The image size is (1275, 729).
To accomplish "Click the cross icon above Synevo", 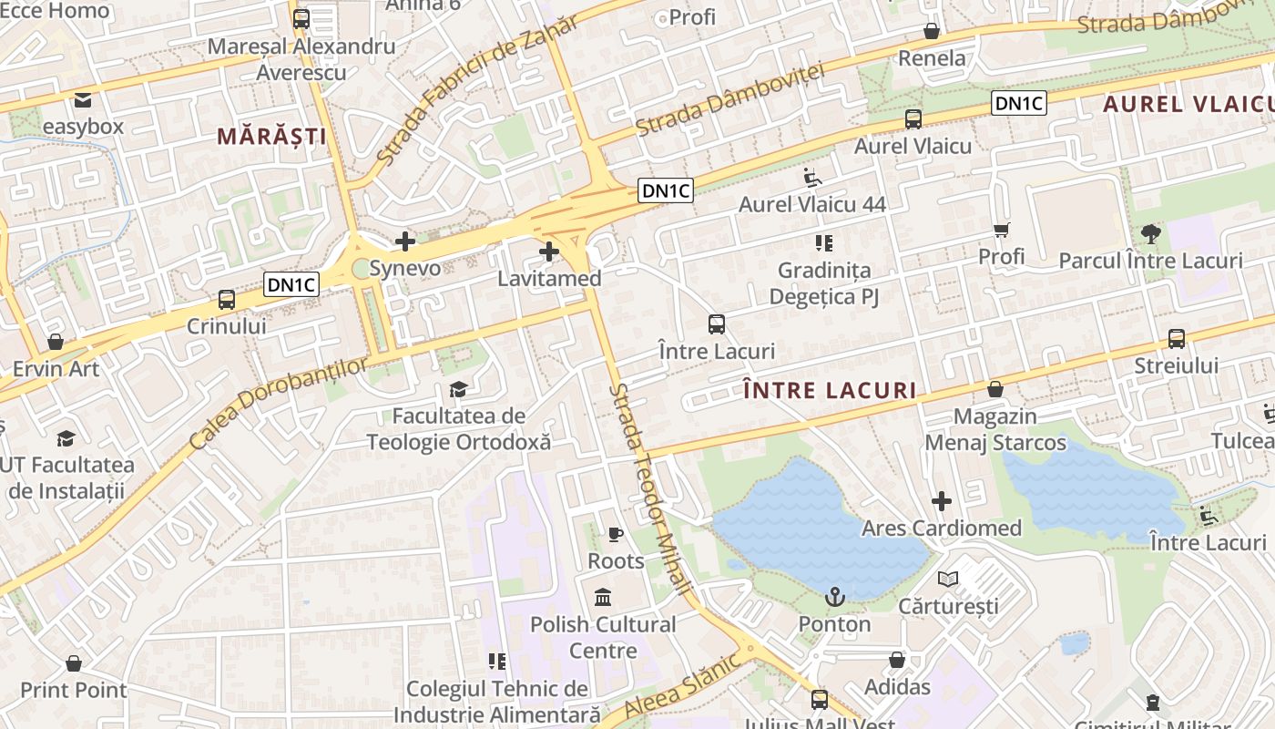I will pos(405,241).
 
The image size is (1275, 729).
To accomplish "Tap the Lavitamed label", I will pos(549,278).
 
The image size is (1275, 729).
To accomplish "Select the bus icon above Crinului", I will pos(227,299).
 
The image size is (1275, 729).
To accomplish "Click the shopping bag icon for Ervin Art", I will pos(56,343).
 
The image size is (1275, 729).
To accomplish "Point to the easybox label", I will pos(83,127).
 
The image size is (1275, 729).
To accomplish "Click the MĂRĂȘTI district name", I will pos(271,137).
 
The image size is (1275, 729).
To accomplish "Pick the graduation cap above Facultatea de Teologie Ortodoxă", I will pos(458,390).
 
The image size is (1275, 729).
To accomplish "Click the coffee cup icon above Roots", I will pos(616,534).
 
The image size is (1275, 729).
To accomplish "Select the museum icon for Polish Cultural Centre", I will pos(603,598).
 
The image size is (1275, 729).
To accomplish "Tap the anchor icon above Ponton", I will pos(835,598).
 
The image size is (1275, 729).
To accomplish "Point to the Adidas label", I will pos(897,686).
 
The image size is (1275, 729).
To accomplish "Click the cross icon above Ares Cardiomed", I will pos(942,501).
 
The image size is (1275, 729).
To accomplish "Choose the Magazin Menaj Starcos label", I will pos(995,429).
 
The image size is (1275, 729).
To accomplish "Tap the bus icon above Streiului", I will pos(1177,339).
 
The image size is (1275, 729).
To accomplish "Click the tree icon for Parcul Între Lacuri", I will pos(1151,234).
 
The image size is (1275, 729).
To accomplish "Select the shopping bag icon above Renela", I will pos(932,32).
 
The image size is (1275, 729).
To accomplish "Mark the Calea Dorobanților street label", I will pos(280,402).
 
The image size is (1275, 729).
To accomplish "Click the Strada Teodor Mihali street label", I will pos(651,488).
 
